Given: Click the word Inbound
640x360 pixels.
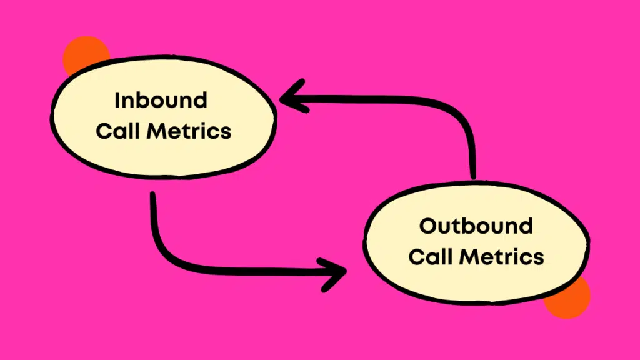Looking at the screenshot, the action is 161,101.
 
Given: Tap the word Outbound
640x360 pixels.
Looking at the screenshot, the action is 476,226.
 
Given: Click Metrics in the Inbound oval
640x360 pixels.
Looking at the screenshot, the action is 189,131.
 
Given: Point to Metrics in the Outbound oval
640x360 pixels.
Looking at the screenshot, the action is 502,257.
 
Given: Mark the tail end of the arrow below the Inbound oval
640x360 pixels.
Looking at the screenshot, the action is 153,195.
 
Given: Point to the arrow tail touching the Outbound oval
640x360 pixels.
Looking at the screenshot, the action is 473,176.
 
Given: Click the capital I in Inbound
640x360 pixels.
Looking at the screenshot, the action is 117,101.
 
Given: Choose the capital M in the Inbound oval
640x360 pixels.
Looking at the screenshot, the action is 156,131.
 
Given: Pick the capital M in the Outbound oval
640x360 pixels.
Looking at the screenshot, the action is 469,257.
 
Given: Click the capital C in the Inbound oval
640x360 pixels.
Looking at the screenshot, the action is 103,131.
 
